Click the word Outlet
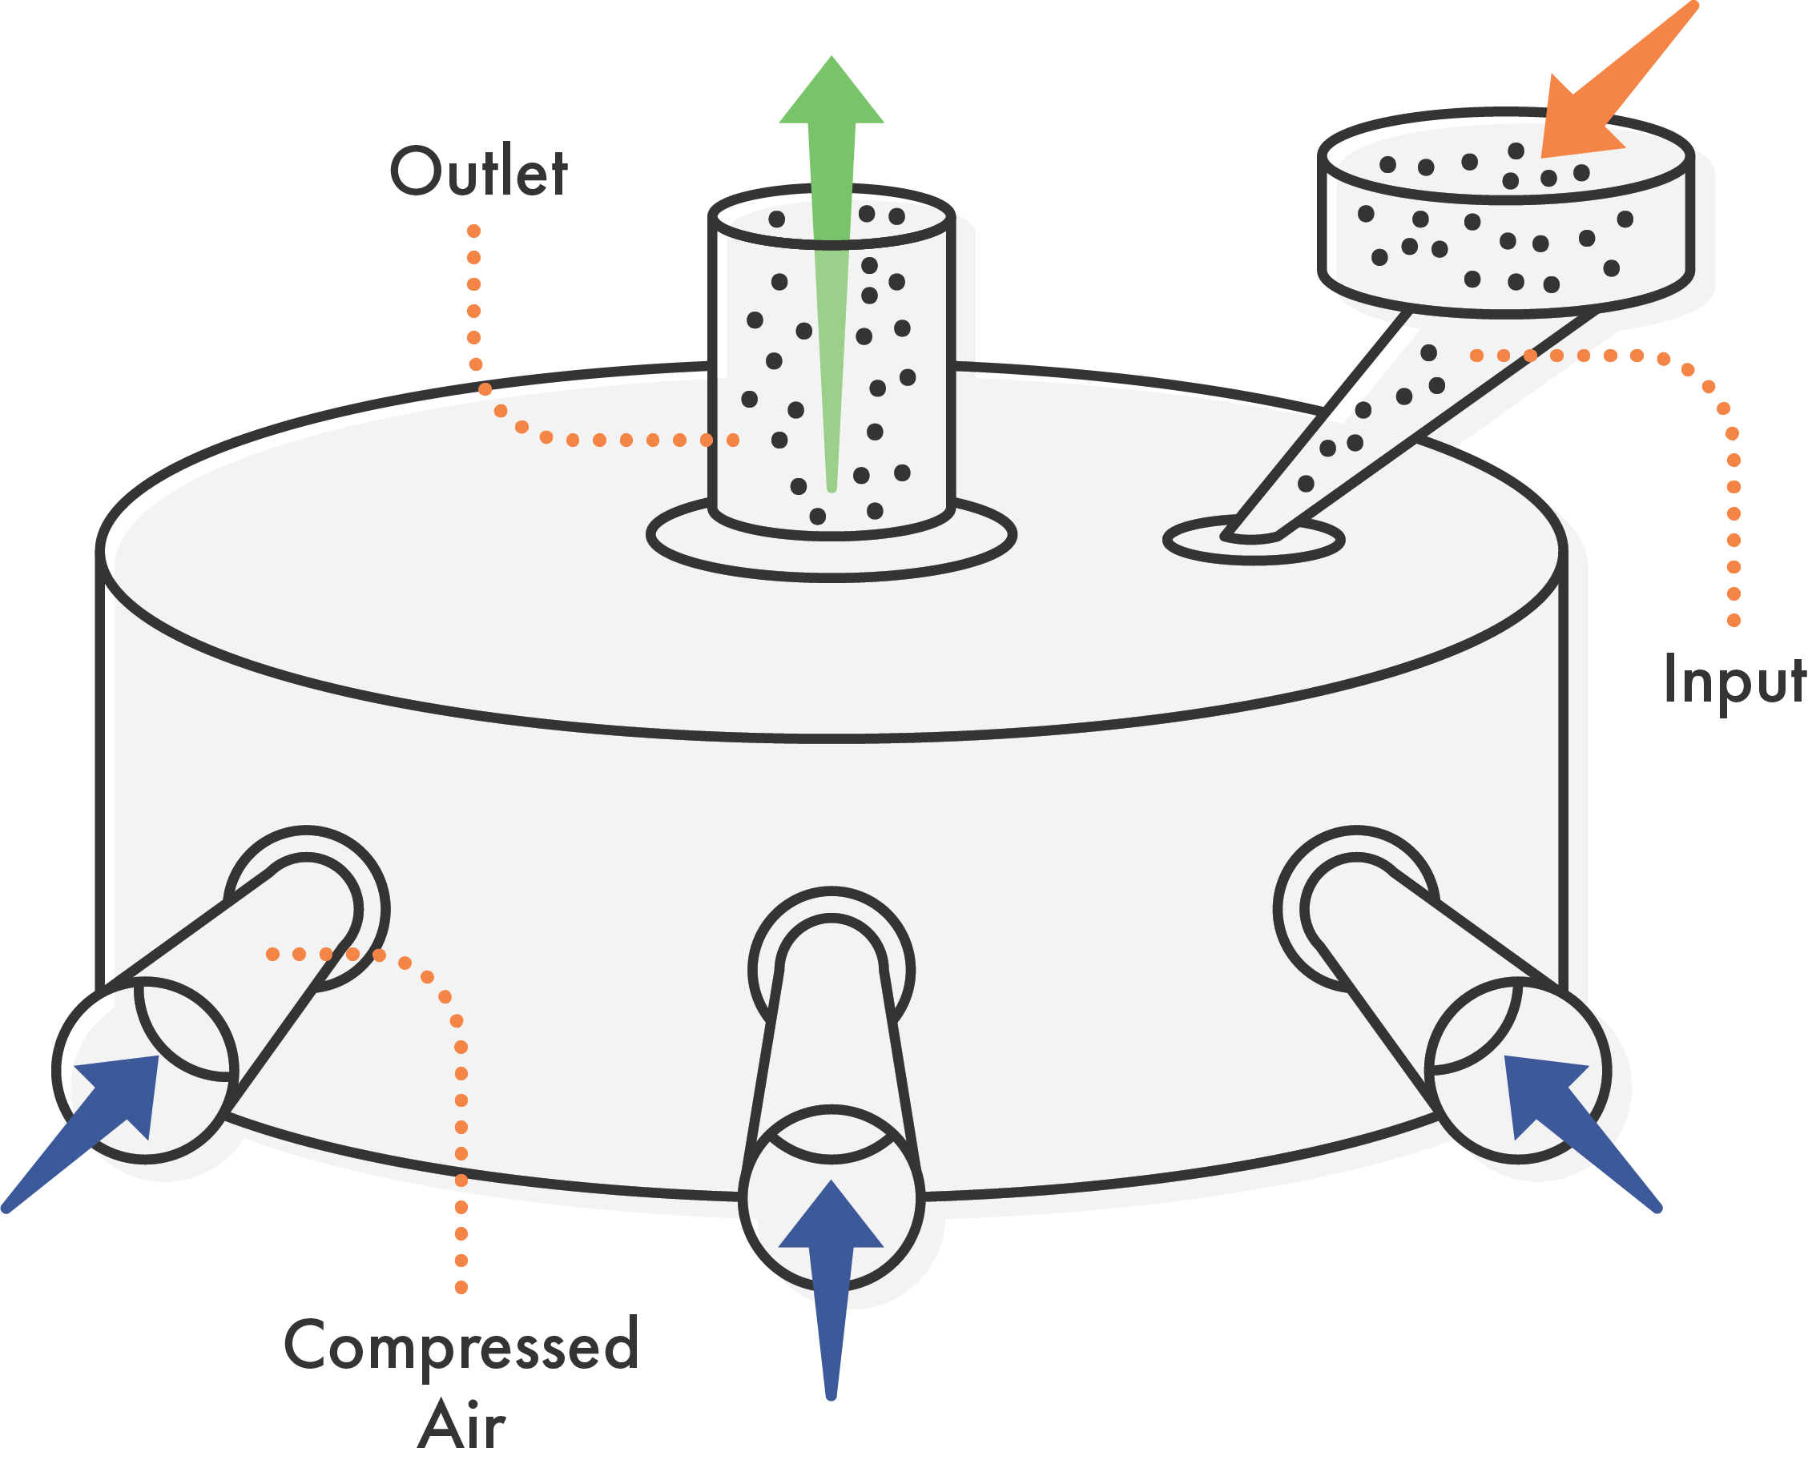tap(479, 171)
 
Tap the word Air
tap(461, 1426)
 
